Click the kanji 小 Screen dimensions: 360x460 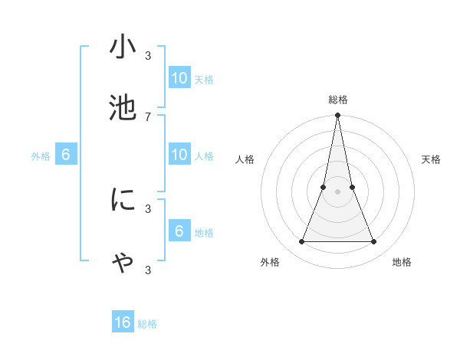click(123, 47)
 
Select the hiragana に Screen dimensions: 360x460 click(123, 201)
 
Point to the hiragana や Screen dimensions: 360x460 click(123, 262)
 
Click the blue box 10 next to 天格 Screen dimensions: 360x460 click(179, 77)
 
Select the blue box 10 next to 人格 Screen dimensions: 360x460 click(179, 155)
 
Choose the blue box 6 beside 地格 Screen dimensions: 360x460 click(179, 231)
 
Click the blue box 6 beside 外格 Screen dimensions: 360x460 click(66, 155)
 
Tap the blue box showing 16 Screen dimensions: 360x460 click(123, 322)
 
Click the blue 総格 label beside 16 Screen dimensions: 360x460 click(147, 324)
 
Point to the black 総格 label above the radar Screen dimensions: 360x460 click(338, 100)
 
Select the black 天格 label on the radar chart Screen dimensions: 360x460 click(431, 159)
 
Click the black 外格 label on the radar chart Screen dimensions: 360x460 click(269, 262)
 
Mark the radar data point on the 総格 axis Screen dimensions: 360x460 click(338, 116)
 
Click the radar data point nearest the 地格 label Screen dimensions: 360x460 click(374, 242)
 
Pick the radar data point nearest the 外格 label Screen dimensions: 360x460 click(301, 242)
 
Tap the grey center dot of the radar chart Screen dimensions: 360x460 click(338, 191)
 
